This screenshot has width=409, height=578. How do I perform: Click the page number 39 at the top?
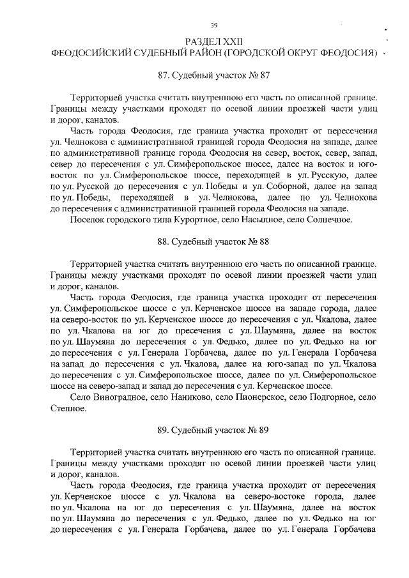coord(215,25)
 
